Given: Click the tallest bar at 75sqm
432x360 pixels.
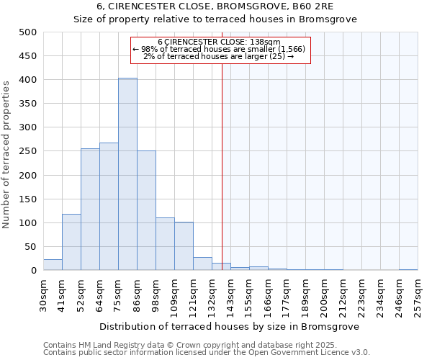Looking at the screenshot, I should tap(127, 174).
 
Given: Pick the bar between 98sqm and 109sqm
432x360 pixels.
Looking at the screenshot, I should tap(165, 244).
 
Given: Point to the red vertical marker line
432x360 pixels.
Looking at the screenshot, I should tap(222, 166).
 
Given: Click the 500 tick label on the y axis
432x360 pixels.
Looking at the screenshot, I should tap(28, 32).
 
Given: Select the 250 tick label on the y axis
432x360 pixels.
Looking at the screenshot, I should tap(28, 151).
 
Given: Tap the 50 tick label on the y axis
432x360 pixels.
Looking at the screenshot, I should tap(31, 247).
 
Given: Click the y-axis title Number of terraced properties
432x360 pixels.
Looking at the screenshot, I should tap(6, 154).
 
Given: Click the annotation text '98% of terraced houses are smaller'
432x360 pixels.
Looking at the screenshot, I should tap(220, 49).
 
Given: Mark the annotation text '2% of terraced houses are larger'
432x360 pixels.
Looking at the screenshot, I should tap(219, 56).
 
